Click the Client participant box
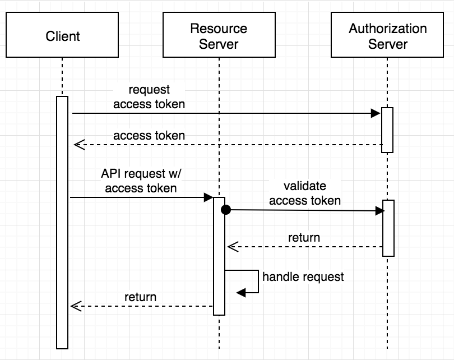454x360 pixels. pyautogui.click(x=62, y=37)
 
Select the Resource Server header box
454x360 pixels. pyautogui.click(x=219, y=37)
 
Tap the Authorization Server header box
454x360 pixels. pyautogui.click(x=387, y=37)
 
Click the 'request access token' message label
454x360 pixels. pyautogui.click(x=149, y=97)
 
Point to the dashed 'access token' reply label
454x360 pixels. pyautogui.click(x=149, y=136)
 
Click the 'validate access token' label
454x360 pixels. pyautogui.click(x=305, y=193)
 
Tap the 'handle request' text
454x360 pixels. pyautogui.click(x=303, y=276)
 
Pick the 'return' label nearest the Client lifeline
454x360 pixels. pyautogui.click(x=140, y=297)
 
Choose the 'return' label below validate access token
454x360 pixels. pyautogui.click(x=304, y=238)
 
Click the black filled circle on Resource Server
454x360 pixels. pyautogui.click(x=225, y=210)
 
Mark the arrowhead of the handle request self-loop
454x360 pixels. pyautogui.click(x=241, y=293)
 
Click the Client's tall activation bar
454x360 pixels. pyautogui.click(x=62, y=224)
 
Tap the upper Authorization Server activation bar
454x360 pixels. pyautogui.click(x=387, y=130)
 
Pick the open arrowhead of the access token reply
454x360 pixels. pyautogui.click(x=78, y=145)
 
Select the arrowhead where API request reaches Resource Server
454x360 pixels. pyautogui.click(x=208, y=197)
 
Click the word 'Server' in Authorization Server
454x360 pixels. pyautogui.click(x=387, y=44)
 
